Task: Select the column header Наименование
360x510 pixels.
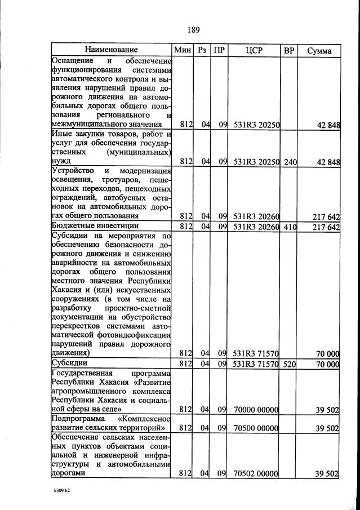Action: (111, 50)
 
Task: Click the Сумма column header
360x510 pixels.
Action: (319, 50)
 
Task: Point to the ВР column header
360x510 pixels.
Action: (289, 50)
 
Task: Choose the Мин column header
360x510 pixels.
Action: (183, 50)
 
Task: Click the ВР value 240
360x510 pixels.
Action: (290, 162)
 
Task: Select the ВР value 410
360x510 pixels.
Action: (290, 227)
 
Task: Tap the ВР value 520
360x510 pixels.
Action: (290, 364)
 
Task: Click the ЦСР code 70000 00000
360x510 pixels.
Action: (256, 409)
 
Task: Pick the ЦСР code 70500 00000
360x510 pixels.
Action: (256, 429)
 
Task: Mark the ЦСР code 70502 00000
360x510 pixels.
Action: (256, 474)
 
